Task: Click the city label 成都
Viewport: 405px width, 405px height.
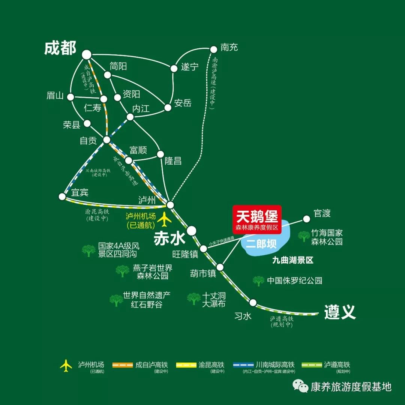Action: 60,48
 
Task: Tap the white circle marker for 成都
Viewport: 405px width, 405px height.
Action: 87,55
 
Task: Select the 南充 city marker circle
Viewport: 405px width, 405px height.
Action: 214,49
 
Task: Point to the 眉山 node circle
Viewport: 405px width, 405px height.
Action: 70,97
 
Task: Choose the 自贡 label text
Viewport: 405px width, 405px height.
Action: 88,141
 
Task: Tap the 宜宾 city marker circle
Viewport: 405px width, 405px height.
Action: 62,196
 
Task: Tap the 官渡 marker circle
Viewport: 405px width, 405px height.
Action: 307,218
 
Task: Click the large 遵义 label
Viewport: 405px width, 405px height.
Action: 340,312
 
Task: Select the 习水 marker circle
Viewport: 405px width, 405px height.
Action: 253,302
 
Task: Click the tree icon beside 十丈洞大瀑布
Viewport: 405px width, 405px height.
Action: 194,298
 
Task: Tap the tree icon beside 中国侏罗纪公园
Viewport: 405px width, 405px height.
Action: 258,280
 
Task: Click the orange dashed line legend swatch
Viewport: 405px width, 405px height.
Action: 123,364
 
